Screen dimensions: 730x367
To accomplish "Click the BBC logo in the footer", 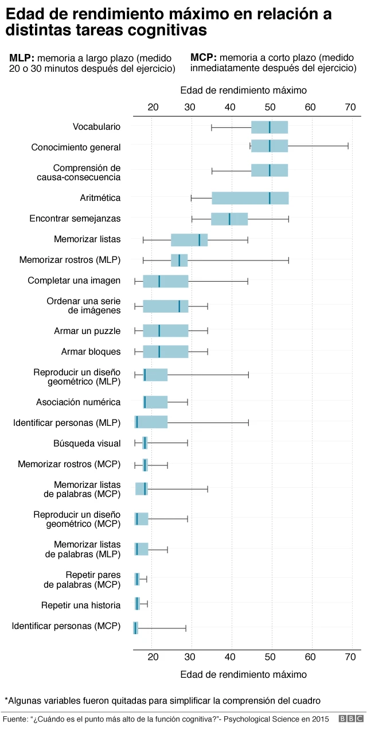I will (350, 719).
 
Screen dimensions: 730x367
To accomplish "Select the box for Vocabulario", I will (270, 127).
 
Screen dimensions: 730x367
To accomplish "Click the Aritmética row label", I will (100, 198).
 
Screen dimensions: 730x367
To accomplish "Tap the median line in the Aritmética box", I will (270, 198).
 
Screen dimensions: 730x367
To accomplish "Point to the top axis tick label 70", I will (350, 107).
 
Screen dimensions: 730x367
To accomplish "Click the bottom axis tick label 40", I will (231, 657).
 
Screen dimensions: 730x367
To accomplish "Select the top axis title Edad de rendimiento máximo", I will (243, 90).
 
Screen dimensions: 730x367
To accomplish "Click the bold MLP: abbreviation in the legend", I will (22, 58).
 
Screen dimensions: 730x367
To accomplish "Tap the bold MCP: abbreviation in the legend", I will (203, 58).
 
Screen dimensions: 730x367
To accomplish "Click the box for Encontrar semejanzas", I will (229, 219).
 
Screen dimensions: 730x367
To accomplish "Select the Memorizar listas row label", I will (87, 239).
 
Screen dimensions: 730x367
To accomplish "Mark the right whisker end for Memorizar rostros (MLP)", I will (288, 260).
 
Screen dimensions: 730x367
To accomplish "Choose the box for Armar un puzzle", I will (166, 331).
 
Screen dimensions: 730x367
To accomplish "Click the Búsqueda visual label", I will (87, 443).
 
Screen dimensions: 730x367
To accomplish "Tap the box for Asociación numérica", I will (155, 402).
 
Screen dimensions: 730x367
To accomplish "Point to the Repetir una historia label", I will (81, 605).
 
